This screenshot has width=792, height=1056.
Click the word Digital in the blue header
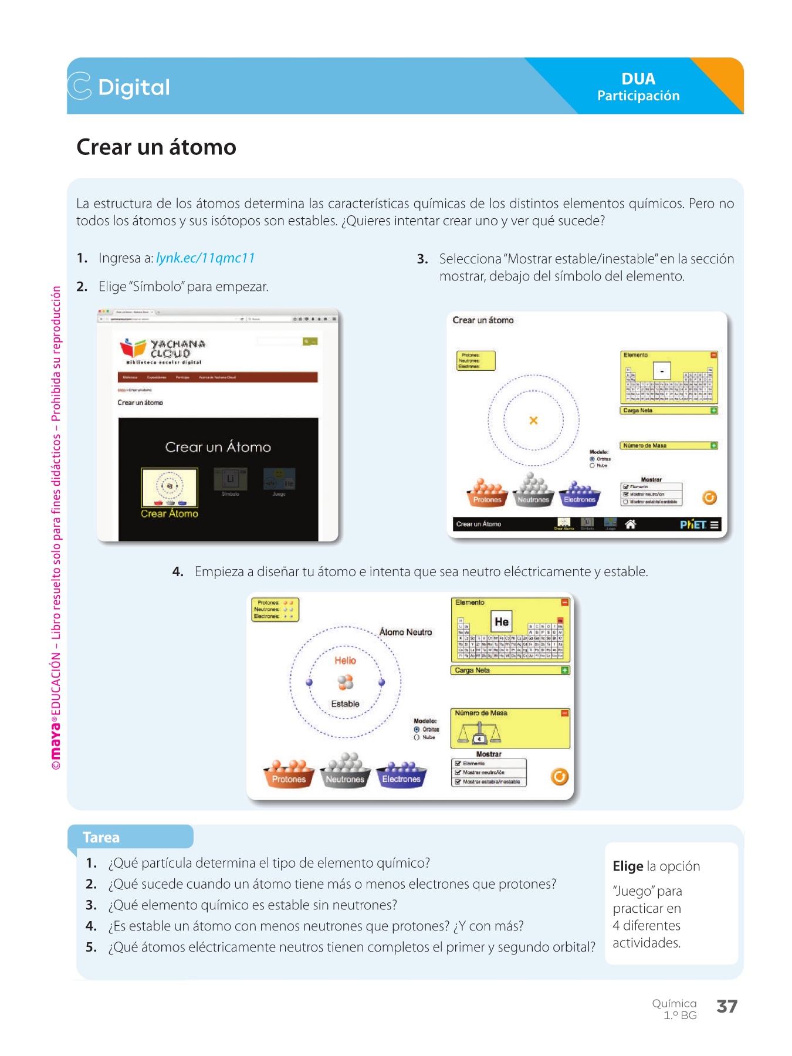(x=134, y=87)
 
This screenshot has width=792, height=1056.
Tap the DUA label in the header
(x=638, y=79)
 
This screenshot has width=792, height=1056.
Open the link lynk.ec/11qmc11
(x=205, y=258)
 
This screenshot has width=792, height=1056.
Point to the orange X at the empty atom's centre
(x=533, y=420)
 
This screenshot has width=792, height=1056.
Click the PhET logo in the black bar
(x=693, y=524)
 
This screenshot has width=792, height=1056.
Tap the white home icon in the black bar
(x=631, y=524)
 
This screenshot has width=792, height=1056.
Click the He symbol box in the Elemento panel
(x=502, y=621)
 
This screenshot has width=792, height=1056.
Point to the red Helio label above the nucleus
(x=345, y=661)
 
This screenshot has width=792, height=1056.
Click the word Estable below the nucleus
(x=345, y=704)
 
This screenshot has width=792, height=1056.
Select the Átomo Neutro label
(x=405, y=632)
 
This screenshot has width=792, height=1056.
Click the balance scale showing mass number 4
(x=479, y=733)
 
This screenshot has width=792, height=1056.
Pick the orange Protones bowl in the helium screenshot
(x=289, y=774)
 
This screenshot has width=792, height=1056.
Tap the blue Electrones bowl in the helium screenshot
(x=401, y=774)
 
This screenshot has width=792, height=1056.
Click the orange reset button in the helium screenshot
(x=560, y=777)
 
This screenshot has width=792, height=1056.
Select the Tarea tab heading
(x=101, y=837)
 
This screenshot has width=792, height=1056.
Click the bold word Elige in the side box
(x=628, y=867)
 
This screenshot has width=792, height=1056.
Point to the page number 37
(x=727, y=1007)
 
